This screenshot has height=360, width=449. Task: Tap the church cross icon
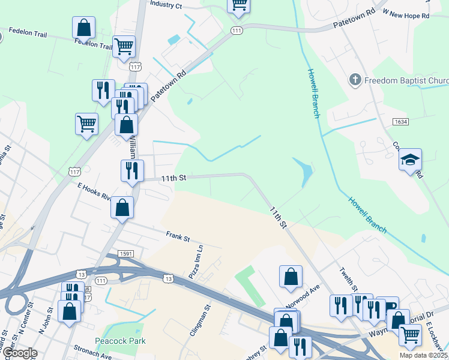click(x=355, y=80)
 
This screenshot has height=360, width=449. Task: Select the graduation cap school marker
click(x=411, y=160)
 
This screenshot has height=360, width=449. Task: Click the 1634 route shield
click(x=401, y=122)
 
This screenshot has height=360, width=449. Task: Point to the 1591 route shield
click(x=125, y=254)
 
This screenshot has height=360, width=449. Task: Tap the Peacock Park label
click(x=120, y=341)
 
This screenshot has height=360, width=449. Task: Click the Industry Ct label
click(x=166, y=5)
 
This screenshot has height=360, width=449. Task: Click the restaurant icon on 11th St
click(x=132, y=170)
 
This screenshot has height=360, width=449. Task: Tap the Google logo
click(x=19, y=353)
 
